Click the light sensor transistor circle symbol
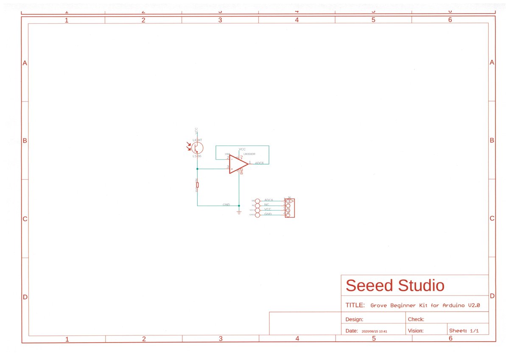[x=197, y=148]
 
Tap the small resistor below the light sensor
[x=197, y=185]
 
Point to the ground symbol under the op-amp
[x=239, y=212]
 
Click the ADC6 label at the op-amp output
[x=259, y=163]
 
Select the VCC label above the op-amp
[x=242, y=149]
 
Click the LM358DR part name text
[x=249, y=154]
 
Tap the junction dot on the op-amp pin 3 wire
[x=197, y=169]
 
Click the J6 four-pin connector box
[x=290, y=208]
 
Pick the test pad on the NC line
[x=257, y=205]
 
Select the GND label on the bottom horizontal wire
[x=226, y=205]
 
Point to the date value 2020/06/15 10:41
[x=375, y=331]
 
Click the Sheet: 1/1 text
[x=464, y=330]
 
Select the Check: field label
[x=416, y=319]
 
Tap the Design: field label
[x=354, y=319]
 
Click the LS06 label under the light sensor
[x=197, y=156]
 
